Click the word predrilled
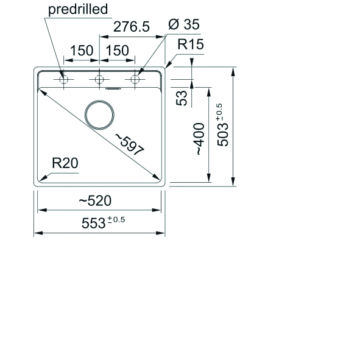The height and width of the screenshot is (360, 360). pos(78,9)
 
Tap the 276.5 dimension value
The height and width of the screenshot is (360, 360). pos(132,26)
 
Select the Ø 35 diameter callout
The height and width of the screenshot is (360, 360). pos(184,24)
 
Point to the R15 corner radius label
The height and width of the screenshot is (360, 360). pos(191,44)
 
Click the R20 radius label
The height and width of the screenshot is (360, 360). pos(65,163)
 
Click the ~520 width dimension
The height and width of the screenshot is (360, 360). pos(95,200)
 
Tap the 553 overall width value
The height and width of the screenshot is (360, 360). pos(93,223)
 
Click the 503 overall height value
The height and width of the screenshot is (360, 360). pos(223,135)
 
